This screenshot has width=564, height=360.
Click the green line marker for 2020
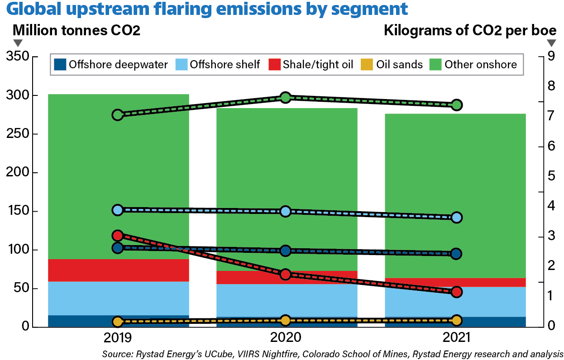click(x=285, y=97)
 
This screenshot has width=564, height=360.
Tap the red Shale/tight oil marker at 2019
click(x=118, y=236)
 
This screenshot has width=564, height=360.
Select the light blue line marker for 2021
click(x=456, y=218)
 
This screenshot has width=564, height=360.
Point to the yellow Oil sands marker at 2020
click(x=285, y=320)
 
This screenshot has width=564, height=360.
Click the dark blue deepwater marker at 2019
click(x=118, y=248)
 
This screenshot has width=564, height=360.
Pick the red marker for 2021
click(x=456, y=292)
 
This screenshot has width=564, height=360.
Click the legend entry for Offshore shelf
click(x=218, y=65)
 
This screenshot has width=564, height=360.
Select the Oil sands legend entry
click(x=393, y=65)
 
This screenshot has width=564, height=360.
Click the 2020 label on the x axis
click(x=285, y=338)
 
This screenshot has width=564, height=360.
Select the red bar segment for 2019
click(x=118, y=270)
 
